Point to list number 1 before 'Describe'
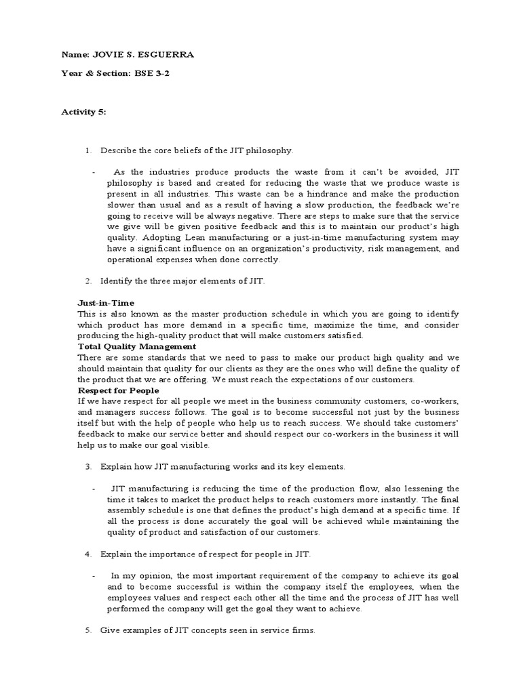tap(88, 150)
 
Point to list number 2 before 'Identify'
tap(88, 281)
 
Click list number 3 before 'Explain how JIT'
tap(88, 467)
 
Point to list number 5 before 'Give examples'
tap(88, 630)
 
